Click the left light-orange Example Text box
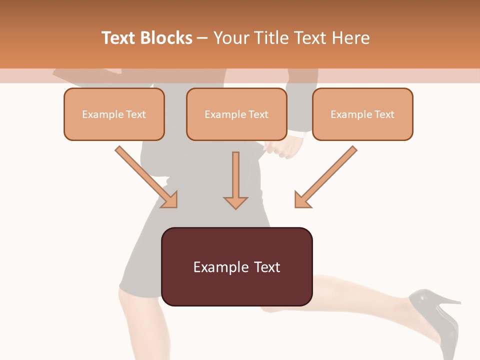pos(114,114)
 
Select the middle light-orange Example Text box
pos(236,114)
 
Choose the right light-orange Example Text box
pos(362,114)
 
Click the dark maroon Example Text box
pos(236,266)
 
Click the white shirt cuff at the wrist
pos(298,134)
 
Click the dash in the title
pos(202,38)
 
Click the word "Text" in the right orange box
pos(384,114)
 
